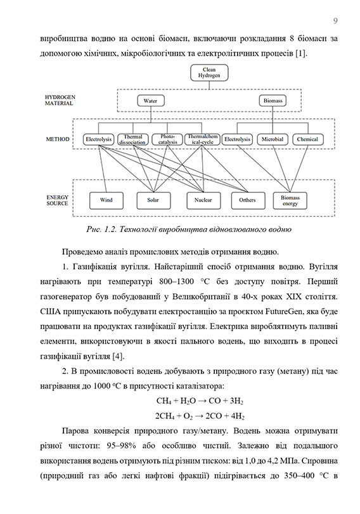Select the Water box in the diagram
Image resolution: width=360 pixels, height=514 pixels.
coord(150,101)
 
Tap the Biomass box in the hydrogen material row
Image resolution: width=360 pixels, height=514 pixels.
coord(274,101)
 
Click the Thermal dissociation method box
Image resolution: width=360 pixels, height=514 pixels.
coord(132,139)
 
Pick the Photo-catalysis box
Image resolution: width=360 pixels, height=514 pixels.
coord(167,139)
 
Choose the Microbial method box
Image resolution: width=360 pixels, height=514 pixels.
coord(273,139)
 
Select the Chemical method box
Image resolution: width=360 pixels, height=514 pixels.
coord(307,139)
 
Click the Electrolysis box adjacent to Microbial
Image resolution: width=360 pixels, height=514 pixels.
coord(238,139)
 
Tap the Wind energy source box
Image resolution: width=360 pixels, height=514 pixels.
coord(106,200)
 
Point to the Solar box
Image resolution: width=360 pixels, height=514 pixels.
coord(153,200)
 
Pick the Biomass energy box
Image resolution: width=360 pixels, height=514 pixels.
coord(290,200)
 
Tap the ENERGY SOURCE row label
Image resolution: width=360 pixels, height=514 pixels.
coord(57,200)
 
